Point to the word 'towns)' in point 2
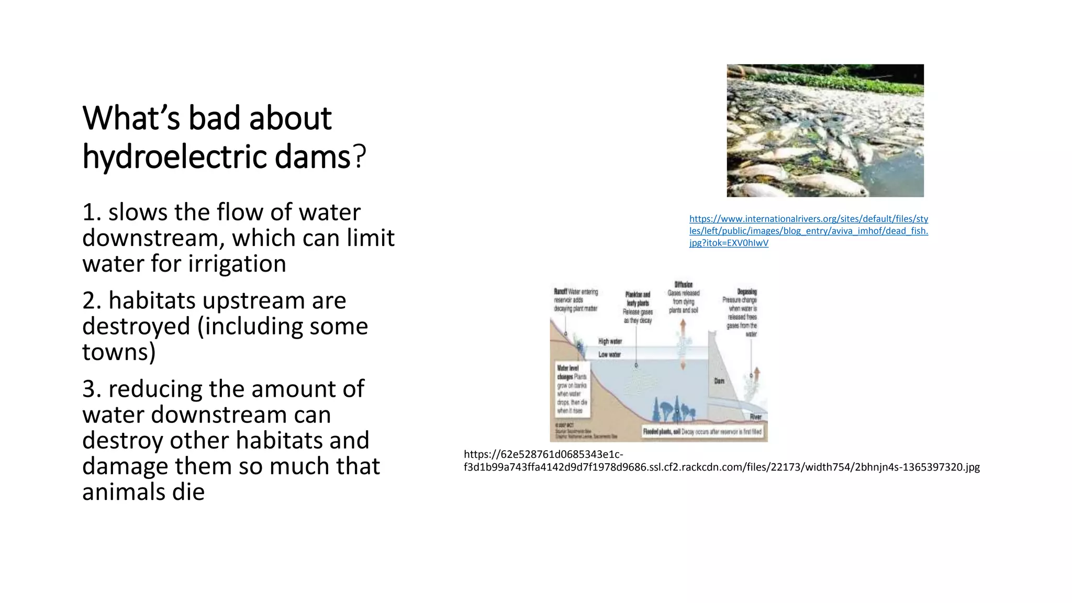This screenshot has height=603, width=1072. [119, 352]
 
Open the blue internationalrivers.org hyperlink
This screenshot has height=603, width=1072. [808, 231]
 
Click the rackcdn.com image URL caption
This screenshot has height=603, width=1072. [721, 461]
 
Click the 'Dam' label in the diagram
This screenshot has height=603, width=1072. [719, 381]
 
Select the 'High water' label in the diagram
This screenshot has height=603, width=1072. [610, 341]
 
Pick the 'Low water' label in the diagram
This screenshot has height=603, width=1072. [609, 354]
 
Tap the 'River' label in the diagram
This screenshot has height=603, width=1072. [755, 417]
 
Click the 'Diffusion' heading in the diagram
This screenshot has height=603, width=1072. [683, 285]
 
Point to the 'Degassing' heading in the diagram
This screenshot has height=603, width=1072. [746, 292]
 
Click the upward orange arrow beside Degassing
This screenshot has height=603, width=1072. [756, 374]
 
